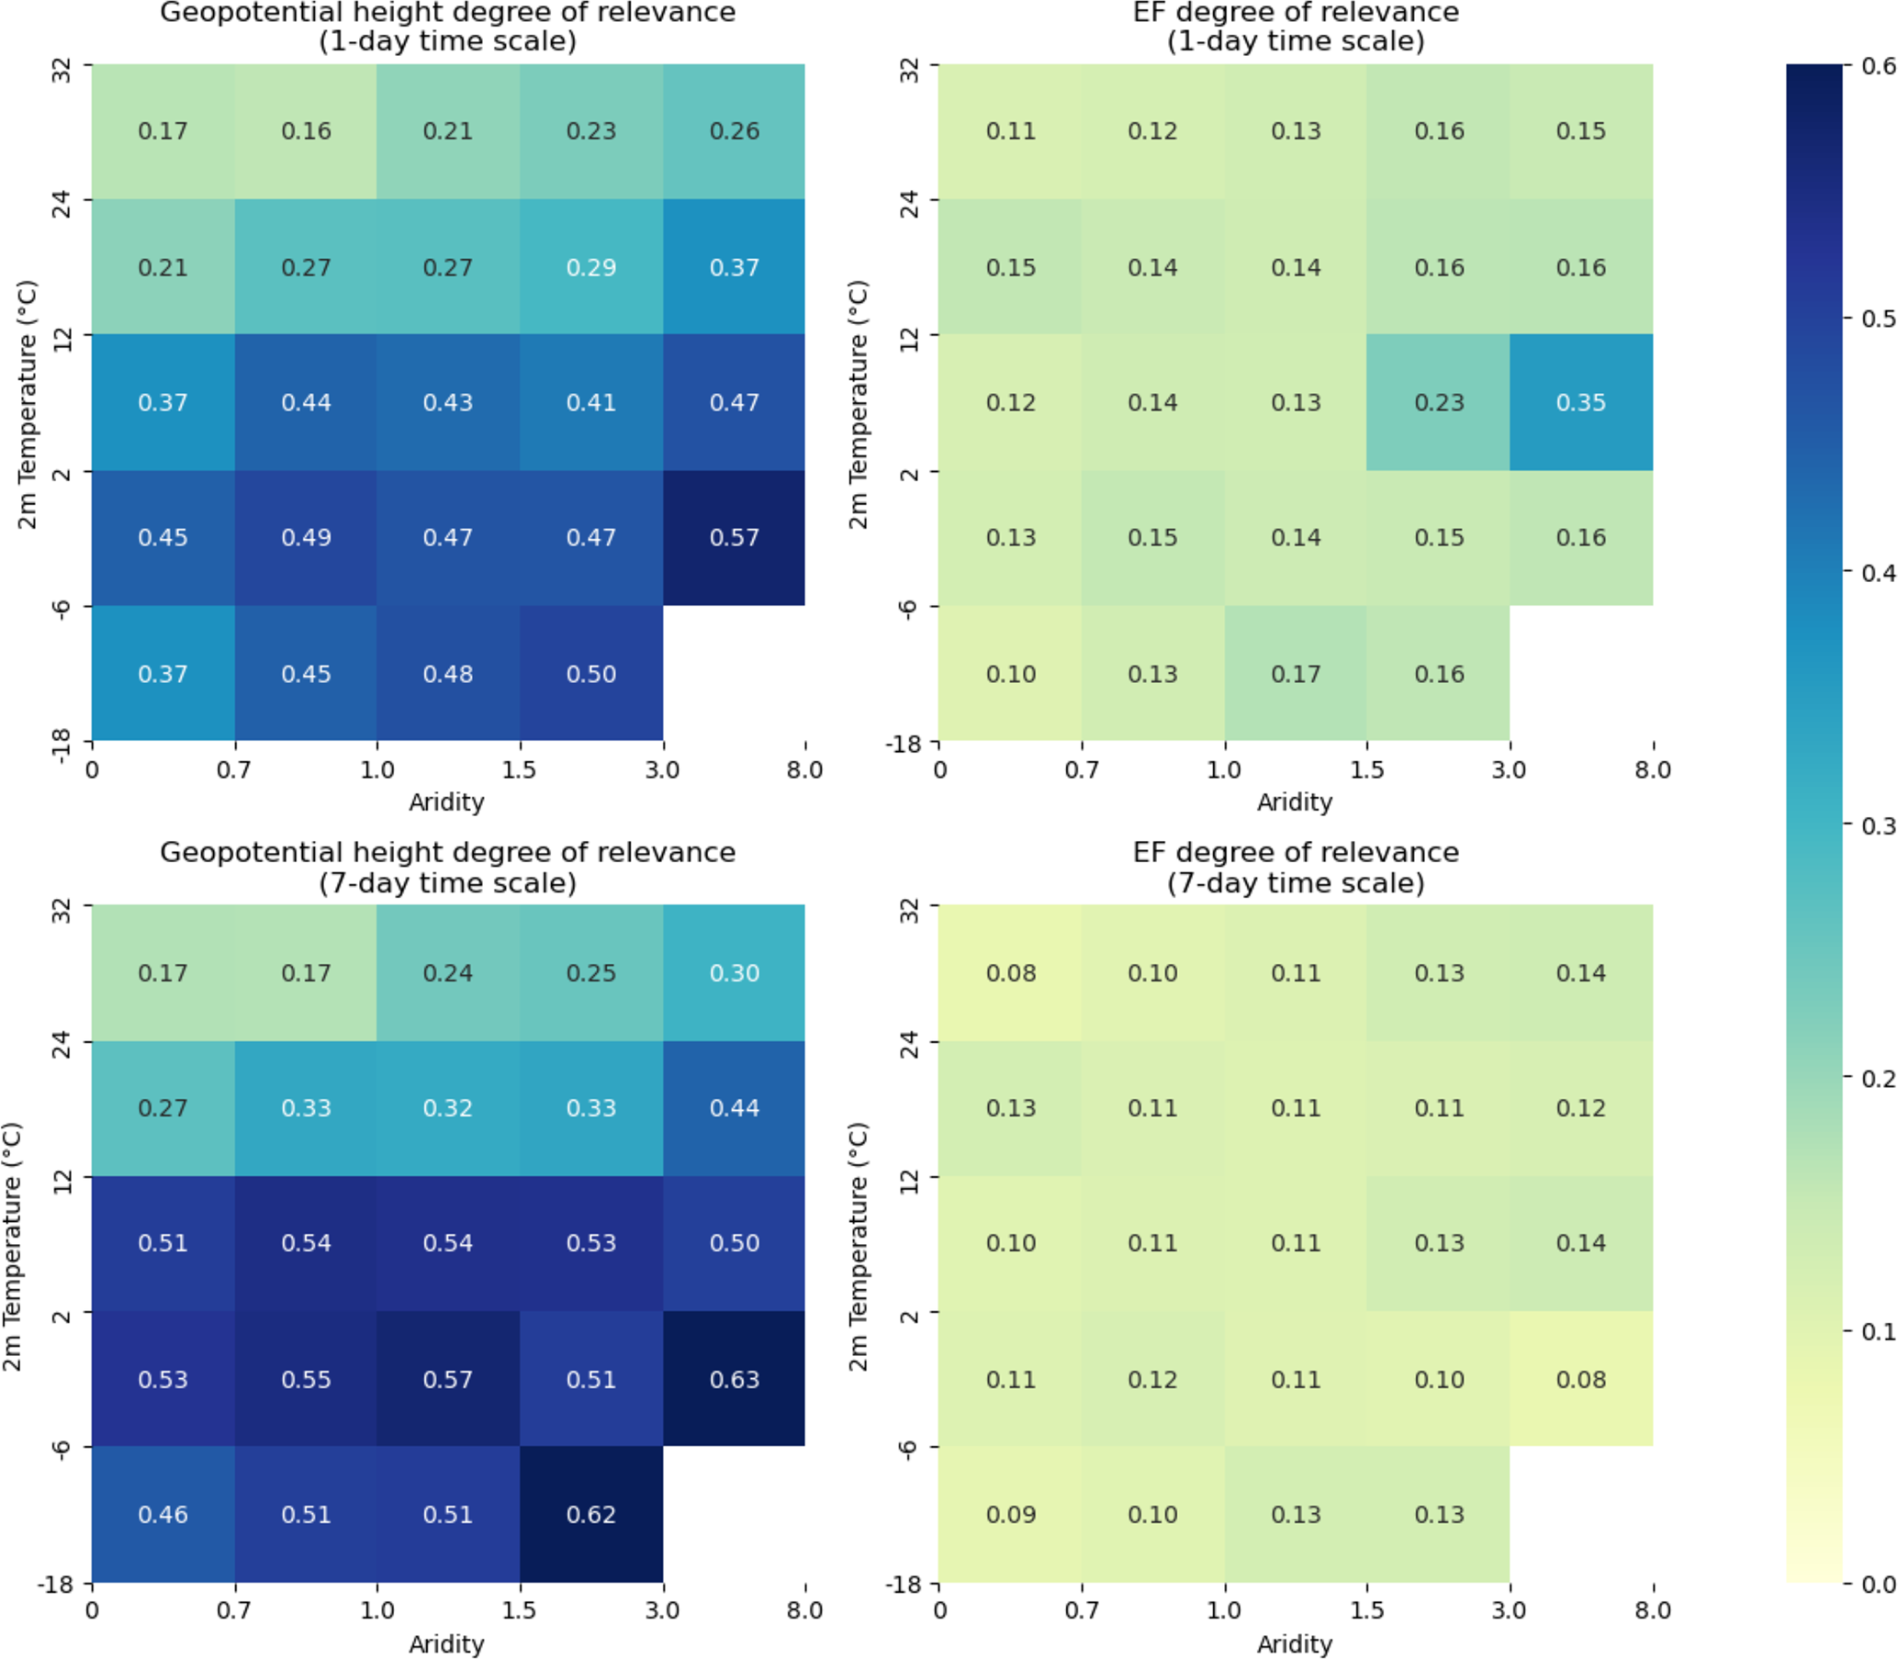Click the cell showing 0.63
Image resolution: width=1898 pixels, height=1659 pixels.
pos(734,1378)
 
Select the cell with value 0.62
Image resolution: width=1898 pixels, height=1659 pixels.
pos(590,1514)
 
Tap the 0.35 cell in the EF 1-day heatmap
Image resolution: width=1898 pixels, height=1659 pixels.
pos(1580,403)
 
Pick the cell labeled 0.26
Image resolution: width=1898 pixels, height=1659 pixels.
pos(734,131)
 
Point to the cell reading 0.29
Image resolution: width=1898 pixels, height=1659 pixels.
pos(590,267)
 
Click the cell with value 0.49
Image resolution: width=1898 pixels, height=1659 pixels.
pos(306,538)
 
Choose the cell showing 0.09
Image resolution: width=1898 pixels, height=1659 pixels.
pos(1010,1514)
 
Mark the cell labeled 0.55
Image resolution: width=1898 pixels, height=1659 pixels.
pos(306,1378)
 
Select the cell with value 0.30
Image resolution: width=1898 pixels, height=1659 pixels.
pos(734,973)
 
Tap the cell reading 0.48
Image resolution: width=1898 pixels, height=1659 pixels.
pos(448,674)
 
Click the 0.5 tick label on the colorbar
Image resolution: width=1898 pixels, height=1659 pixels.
pos(1878,319)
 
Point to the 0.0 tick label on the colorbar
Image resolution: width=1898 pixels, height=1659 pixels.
pos(1878,1584)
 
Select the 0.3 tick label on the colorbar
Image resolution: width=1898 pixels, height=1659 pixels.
pos(1878,824)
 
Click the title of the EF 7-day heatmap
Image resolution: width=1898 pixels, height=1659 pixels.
pos(1296,867)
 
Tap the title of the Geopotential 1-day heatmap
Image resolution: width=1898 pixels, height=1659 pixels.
pos(448,27)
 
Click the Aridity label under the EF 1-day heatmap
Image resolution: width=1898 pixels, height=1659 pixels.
pos(1295,801)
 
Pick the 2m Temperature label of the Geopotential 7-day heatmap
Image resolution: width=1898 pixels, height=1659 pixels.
pos(12,1245)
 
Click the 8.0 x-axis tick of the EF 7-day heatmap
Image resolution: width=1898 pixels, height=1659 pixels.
pos(1652,1610)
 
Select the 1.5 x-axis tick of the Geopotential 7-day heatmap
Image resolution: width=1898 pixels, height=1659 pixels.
pos(520,1610)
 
